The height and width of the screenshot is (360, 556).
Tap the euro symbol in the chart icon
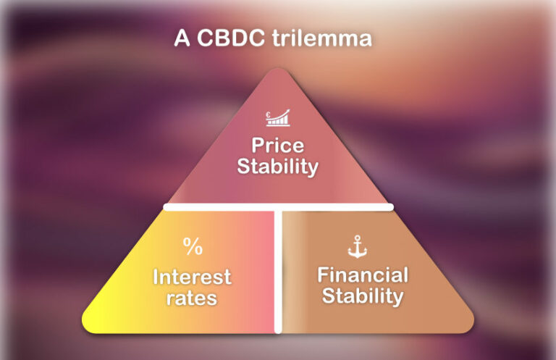tap(269, 114)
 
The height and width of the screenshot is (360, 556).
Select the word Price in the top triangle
tap(278, 145)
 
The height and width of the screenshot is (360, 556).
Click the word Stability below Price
tap(278, 167)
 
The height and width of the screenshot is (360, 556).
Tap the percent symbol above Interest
tap(193, 247)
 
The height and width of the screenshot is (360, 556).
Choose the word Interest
tap(192, 276)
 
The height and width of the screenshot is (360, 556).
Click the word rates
tap(192, 297)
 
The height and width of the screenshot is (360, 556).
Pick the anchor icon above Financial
tap(358, 248)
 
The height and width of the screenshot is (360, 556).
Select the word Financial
tap(363, 275)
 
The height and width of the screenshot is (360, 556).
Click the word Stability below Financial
tap(363, 296)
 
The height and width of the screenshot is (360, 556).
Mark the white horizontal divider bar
tap(217, 207)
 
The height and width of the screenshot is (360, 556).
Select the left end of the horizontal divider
tap(167, 207)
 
